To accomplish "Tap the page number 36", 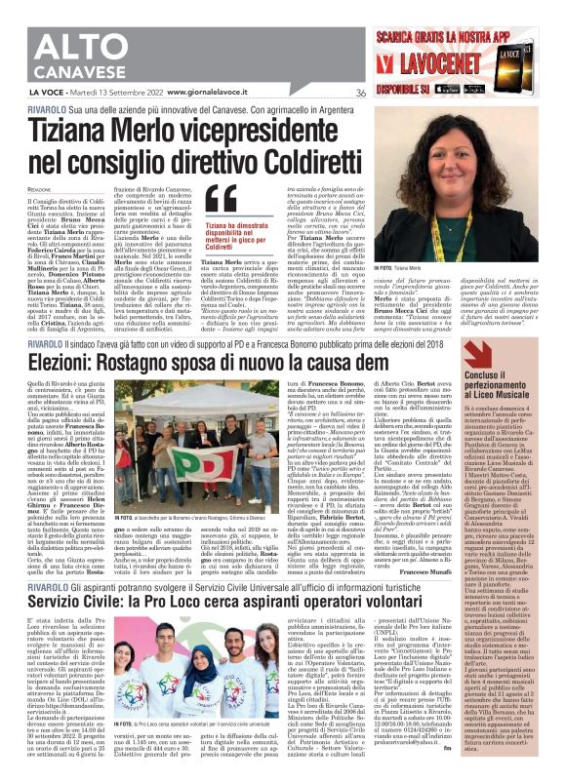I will click(360, 93).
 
